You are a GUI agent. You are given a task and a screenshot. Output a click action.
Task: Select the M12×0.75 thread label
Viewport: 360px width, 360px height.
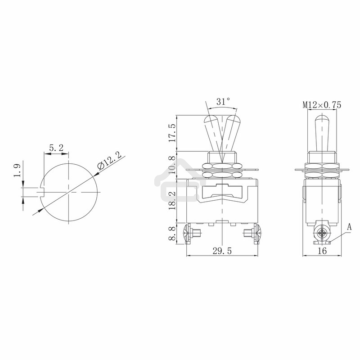click(x=321, y=105)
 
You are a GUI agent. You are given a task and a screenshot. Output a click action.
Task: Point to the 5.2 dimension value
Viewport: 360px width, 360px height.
click(x=56, y=147)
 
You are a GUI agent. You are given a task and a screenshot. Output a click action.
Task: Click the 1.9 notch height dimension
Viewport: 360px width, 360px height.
click(x=16, y=171)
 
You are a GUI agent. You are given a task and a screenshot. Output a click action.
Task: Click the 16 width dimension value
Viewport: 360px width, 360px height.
click(x=321, y=252)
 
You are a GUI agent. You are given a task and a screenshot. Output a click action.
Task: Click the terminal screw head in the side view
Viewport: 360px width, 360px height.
click(x=321, y=234)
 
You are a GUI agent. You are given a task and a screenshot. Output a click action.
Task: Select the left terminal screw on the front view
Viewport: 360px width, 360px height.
click(x=189, y=234)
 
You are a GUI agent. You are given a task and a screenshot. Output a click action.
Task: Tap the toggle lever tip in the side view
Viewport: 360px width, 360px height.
click(x=321, y=120)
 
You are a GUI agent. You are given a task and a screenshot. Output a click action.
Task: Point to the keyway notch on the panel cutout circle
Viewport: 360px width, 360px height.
click(x=43, y=192)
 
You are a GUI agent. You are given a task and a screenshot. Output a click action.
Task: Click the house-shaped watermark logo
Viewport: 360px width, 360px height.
click(x=173, y=180)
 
